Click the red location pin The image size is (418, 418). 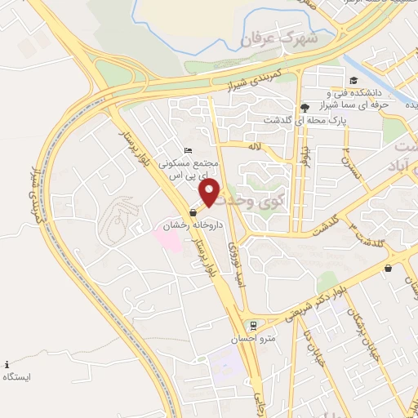point(211,193)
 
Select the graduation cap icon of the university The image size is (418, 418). point(353,80)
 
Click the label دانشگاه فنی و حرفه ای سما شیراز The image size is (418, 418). point(368,98)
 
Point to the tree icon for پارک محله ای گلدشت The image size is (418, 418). point(305,107)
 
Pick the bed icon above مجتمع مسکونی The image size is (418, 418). point(189,150)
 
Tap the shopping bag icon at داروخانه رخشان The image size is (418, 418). point(193,212)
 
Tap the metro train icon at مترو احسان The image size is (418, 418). point(252,324)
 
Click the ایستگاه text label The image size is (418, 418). point(17,377)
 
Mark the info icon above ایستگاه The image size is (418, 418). point(7,363)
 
